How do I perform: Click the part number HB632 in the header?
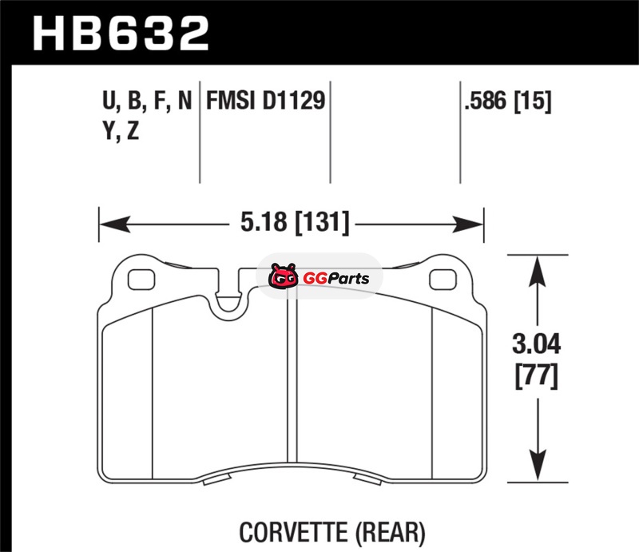[x=121, y=34]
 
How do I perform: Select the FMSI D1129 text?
[x=266, y=101]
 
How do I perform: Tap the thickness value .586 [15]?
[x=508, y=101]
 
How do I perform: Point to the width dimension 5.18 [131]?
[x=295, y=223]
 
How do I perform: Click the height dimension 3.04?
[x=536, y=344]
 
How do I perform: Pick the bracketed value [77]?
[x=536, y=376]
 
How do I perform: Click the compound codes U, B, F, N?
[x=147, y=101]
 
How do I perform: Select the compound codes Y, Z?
[x=121, y=131]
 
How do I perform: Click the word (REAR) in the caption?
[x=391, y=533]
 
